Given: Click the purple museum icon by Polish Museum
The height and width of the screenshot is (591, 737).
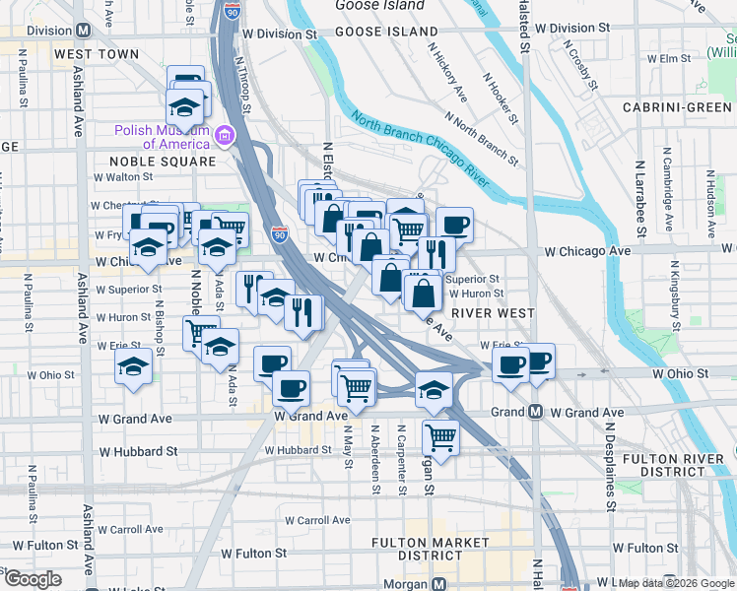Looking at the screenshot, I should pyautogui.click(x=226, y=135).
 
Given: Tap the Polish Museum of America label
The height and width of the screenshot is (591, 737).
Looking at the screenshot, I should pyautogui.click(x=165, y=137).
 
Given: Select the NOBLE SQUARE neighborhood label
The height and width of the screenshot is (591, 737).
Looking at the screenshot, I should pyautogui.click(x=163, y=161).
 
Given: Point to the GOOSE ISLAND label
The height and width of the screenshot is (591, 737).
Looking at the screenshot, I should pyautogui.click(x=378, y=32).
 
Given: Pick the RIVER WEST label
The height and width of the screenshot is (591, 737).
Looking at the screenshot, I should pyautogui.click(x=493, y=313).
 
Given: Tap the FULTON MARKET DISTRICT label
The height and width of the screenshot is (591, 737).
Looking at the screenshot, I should pyautogui.click(x=431, y=550).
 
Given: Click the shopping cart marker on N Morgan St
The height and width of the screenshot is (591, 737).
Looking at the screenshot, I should pyautogui.click(x=440, y=435).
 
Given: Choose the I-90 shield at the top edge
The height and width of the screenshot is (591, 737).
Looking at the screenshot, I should pyautogui.click(x=232, y=10).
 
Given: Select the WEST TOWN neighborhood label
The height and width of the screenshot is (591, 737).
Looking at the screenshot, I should pyautogui.click(x=97, y=53).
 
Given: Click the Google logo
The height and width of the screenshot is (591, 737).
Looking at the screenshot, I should pyautogui.click(x=33, y=580).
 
